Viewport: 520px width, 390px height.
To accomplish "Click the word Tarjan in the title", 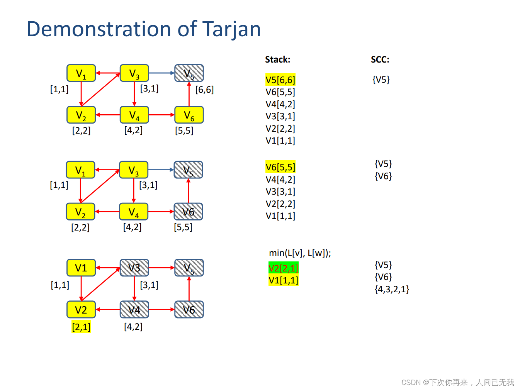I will (x=231, y=29).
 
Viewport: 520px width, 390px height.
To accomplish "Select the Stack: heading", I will (x=277, y=59).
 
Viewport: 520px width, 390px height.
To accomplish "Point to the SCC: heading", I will (x=380, y=59).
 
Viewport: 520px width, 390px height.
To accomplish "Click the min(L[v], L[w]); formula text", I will (x=300, y=253).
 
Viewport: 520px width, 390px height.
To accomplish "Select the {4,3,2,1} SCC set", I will (x=392, y=289).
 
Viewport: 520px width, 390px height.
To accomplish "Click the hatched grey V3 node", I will (x=134, y=268).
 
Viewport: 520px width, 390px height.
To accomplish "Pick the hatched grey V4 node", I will (x=134, y=310).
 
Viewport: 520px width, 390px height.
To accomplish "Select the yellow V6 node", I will (x=189, y=115).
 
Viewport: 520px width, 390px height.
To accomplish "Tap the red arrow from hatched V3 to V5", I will (x=161, y=268).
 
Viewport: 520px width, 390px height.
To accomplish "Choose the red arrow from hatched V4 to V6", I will (x=161, y=310).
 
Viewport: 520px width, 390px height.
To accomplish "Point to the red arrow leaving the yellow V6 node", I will (x=189, y=94).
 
